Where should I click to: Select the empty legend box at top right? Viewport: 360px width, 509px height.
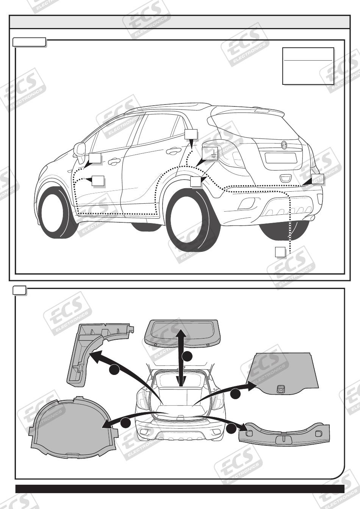(x=308, y=66)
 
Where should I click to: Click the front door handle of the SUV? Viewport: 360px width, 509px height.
(x=113, y=162)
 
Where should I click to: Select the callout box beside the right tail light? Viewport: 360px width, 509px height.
(x=318, y=179)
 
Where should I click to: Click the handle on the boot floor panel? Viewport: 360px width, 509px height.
(x=281, y=389)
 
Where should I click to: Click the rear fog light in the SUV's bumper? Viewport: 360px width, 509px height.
(x=246, y=203)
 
